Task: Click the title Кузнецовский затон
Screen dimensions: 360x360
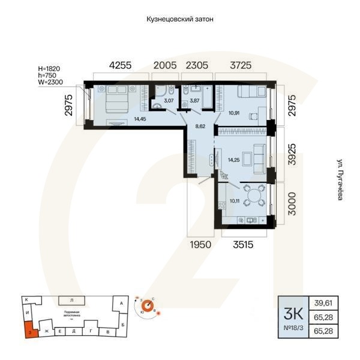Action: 180,19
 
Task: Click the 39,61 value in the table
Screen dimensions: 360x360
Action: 327,304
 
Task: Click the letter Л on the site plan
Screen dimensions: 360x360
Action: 71,299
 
